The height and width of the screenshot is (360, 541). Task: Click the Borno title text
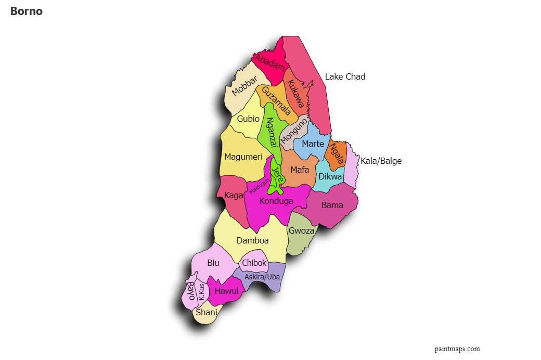click(26, 11)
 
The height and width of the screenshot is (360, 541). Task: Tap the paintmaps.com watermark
click(457, 349)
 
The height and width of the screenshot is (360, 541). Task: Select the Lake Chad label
click(345, 77)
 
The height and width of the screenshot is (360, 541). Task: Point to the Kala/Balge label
click(381, 161)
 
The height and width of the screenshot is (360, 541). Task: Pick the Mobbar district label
click(244, 86)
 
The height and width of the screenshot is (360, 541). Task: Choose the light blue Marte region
click(313, 144)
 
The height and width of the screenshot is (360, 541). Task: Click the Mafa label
click(300, 170)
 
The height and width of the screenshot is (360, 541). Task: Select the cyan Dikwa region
click(330, 177)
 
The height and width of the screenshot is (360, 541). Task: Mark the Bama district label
click(332, 205)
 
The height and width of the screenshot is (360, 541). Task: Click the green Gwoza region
click(301, 232)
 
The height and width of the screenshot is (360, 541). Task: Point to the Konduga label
click(276, 201)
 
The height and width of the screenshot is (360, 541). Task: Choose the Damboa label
click(252, 241)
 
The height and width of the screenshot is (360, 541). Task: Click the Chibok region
click(254, 263)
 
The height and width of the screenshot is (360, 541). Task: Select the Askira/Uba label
click(262, 277)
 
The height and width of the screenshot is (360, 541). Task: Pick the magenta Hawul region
click(226, 291)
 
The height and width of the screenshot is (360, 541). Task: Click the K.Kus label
click(201, 291)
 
